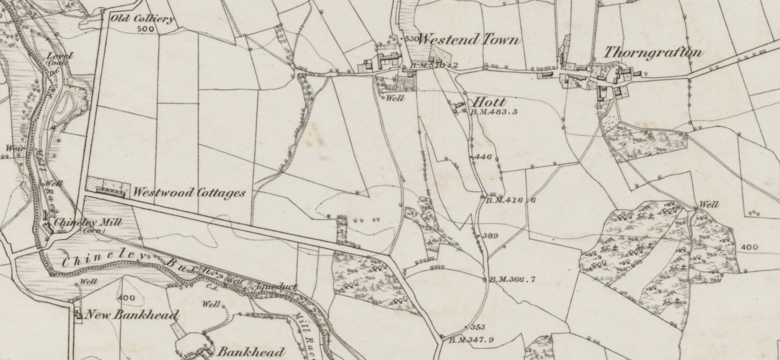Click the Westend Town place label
point(469,40)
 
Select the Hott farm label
point(489,103)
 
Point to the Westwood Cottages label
point(189,193)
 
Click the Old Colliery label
point(142,18)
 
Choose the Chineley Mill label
point(88,222)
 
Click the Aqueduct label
point(276,286)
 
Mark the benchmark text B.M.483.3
point(494,112)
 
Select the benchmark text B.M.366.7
point(512,280)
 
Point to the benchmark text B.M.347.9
point(471,340)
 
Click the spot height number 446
point(483,157)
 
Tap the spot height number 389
point(490,236)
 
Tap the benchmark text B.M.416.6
point(510,201)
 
